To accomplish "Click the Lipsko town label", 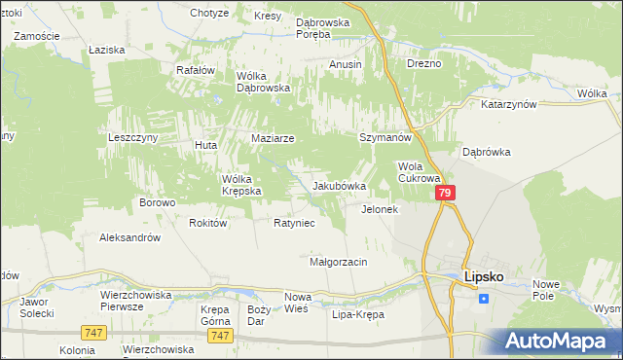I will pos(483,276).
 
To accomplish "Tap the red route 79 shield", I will pos(444,195).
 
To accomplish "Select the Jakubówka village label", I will pos(339,186).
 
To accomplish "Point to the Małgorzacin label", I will pos(337,262).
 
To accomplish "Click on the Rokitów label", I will pos(208,223).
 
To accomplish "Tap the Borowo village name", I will pos(157,203).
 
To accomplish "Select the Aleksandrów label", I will pos(129,237).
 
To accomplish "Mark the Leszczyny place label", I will pos(132,138).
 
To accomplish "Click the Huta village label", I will pos(205,145).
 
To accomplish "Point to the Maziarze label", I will pos(273,138).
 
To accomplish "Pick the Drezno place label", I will pos(424,63).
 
